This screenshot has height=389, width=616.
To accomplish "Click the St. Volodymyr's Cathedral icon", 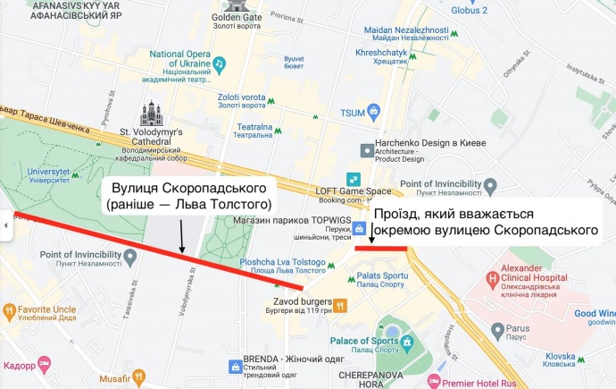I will pyautogui.click(x=148, y=114).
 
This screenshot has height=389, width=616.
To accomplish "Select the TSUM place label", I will pyautogui.click(x=353, y=113).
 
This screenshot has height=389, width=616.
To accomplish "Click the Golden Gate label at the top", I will pyautogui.click(x=237, y=17).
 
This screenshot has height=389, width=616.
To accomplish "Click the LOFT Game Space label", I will pyautogui.click(x=354, y=191).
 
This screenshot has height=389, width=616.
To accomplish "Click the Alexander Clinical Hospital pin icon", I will pyautogui.click(x=492, y=278).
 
